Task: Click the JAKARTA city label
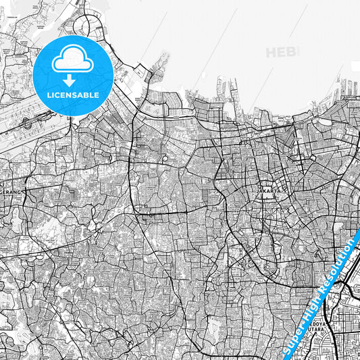[x=268, y=191]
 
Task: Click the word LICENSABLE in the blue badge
[x=73, y=95]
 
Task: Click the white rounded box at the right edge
[x=356, y=66]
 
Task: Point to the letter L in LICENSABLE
[x=48, y=95]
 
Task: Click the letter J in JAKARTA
[x=259, y=191]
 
